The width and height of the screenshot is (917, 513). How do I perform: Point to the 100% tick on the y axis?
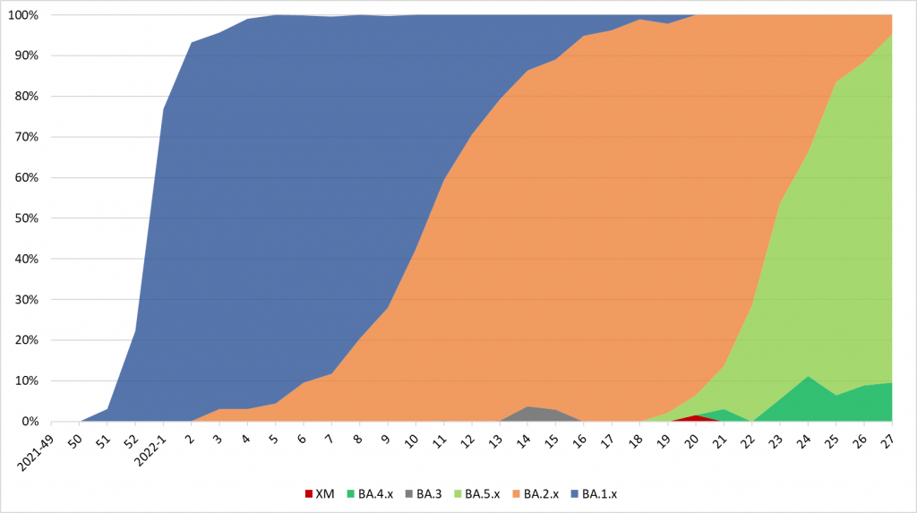[x=23, y=15]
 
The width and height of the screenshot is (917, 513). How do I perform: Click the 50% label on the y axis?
[x=26, y=218]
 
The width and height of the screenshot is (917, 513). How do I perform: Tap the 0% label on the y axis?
[x=30, y=422]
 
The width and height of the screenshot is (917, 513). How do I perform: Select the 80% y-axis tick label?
[x=26, y=97]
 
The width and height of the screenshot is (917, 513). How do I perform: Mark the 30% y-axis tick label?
[x=26, y=300]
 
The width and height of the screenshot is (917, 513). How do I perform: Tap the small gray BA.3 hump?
[x=530, y=415]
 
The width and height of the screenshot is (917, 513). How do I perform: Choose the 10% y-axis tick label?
[x=26, y=381]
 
